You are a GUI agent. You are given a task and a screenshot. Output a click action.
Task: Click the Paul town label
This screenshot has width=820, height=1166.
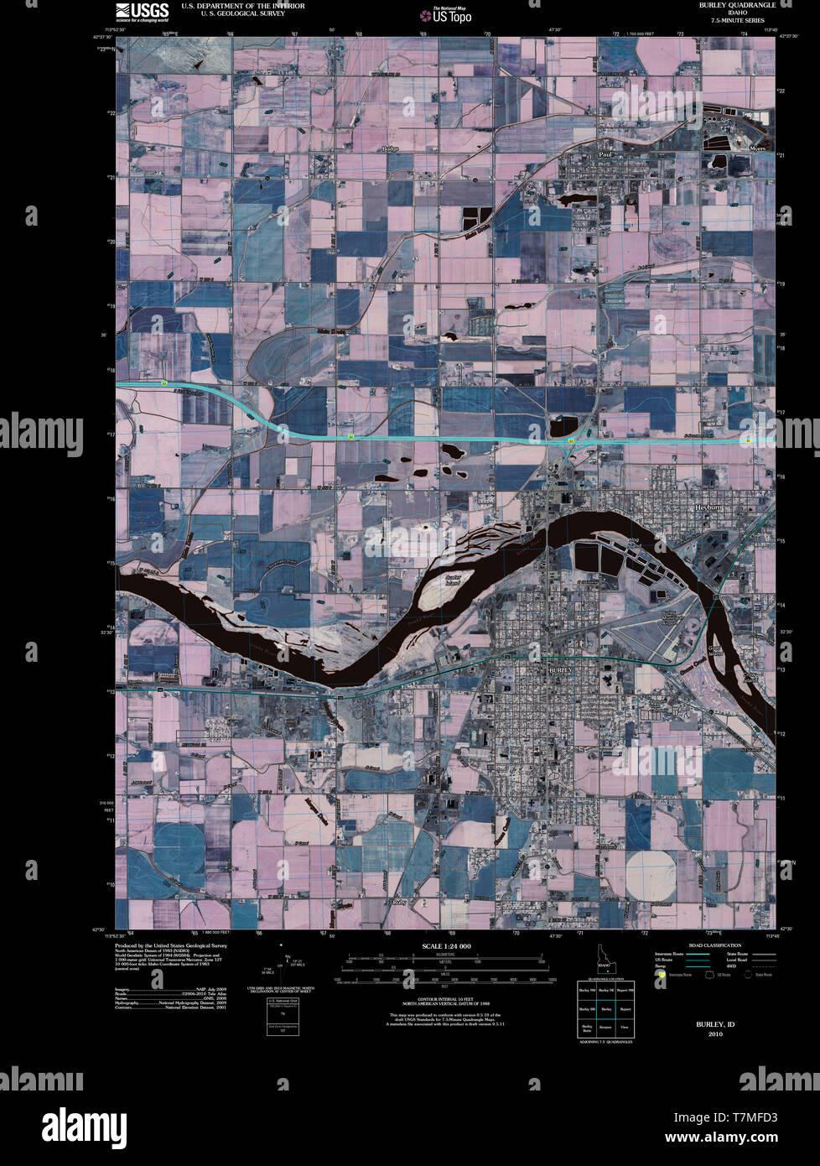pos(605,155)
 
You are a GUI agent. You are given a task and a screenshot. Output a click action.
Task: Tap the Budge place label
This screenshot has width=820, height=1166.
pos(389,149)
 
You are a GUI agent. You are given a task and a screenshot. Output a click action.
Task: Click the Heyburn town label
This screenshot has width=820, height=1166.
pos(708,508)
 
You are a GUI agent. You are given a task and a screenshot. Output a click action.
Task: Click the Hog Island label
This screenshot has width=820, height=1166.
pos(634,544)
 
